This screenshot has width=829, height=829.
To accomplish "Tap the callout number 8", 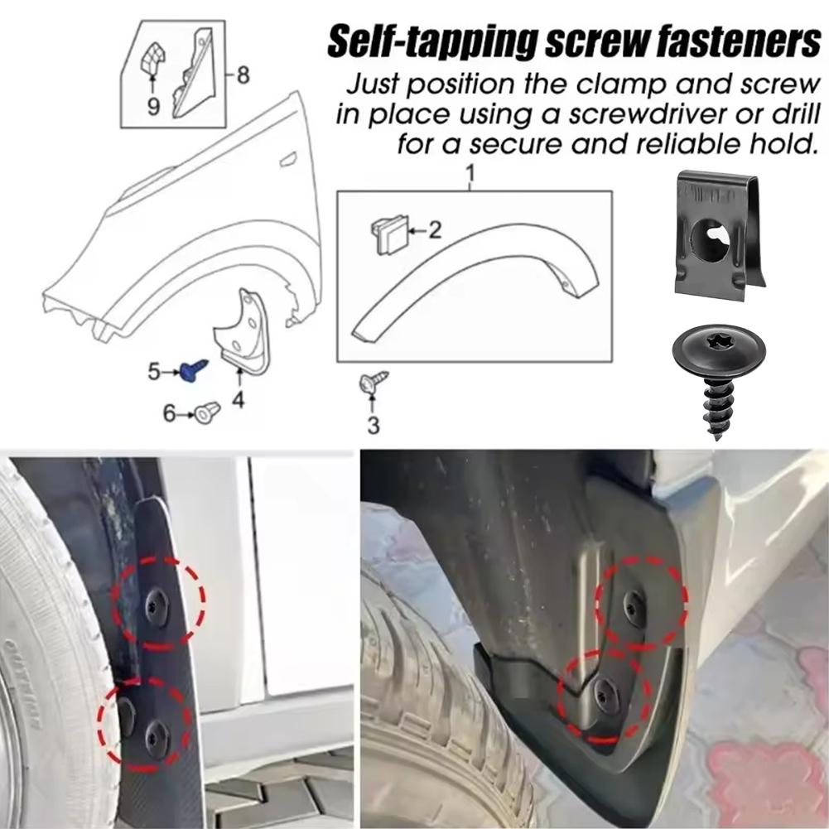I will click(x=243, y=75).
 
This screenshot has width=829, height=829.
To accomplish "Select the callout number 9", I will click(x=153, y=106).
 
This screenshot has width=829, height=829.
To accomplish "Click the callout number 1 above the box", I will click(x=470, y=175).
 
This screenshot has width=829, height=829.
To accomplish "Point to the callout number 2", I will click(x=434, y=230).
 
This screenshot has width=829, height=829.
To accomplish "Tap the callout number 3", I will click(x=374, y=426).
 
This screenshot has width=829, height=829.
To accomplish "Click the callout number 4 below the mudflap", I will click(x=238, y=402).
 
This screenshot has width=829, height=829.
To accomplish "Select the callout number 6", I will click(x=170, y=412).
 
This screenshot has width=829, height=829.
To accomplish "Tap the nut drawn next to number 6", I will click(x=207, y=411).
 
